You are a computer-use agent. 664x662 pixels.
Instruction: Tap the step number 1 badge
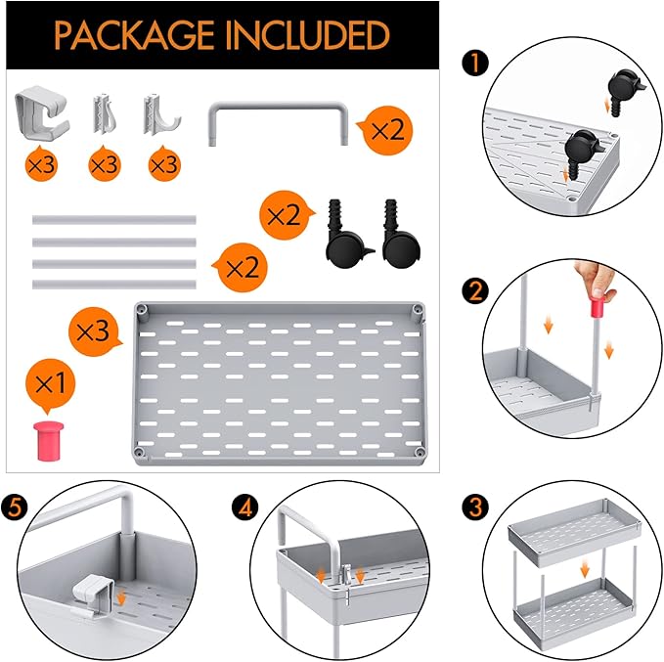click(x=477, y=65)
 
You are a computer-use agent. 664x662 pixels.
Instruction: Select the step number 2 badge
click(x=477, y=290)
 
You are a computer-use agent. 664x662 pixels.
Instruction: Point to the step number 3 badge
click(x=477, y=508)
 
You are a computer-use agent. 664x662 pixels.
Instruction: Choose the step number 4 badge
click(x=244, y=508)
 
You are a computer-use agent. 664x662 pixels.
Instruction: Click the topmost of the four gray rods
click(x=113, y=220)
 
